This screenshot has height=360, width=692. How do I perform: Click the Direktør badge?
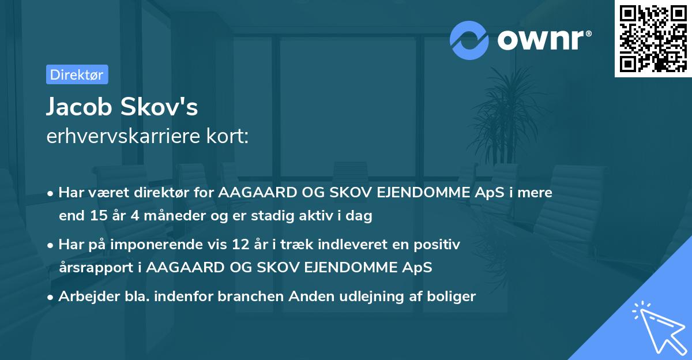(77, 74)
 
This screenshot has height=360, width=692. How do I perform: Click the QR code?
(653, 38)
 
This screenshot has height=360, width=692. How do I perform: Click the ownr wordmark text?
(543, 40)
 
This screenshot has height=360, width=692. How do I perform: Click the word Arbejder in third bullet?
(84, 297)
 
